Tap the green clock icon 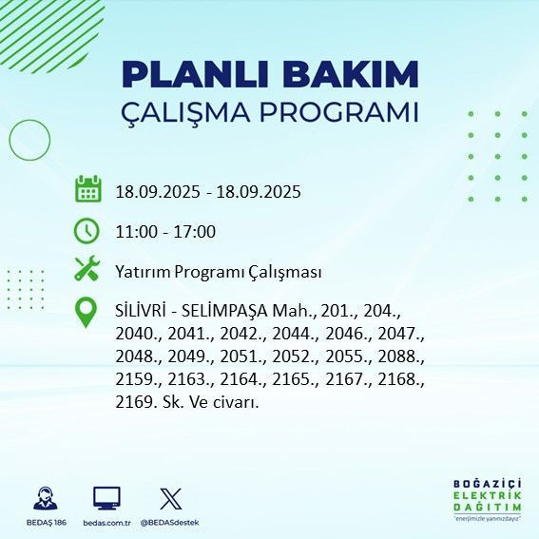click(87, 230)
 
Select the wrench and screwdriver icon click(87, 270)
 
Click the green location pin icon click(87, 313)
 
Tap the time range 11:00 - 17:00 click(165, 232)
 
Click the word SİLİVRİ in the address click(144, 312)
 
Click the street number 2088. click(399, 357)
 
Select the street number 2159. click(136, 380)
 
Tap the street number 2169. click(136, 402)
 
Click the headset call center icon click(44, 498)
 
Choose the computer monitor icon click(106, 498)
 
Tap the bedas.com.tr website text click(106, 524)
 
